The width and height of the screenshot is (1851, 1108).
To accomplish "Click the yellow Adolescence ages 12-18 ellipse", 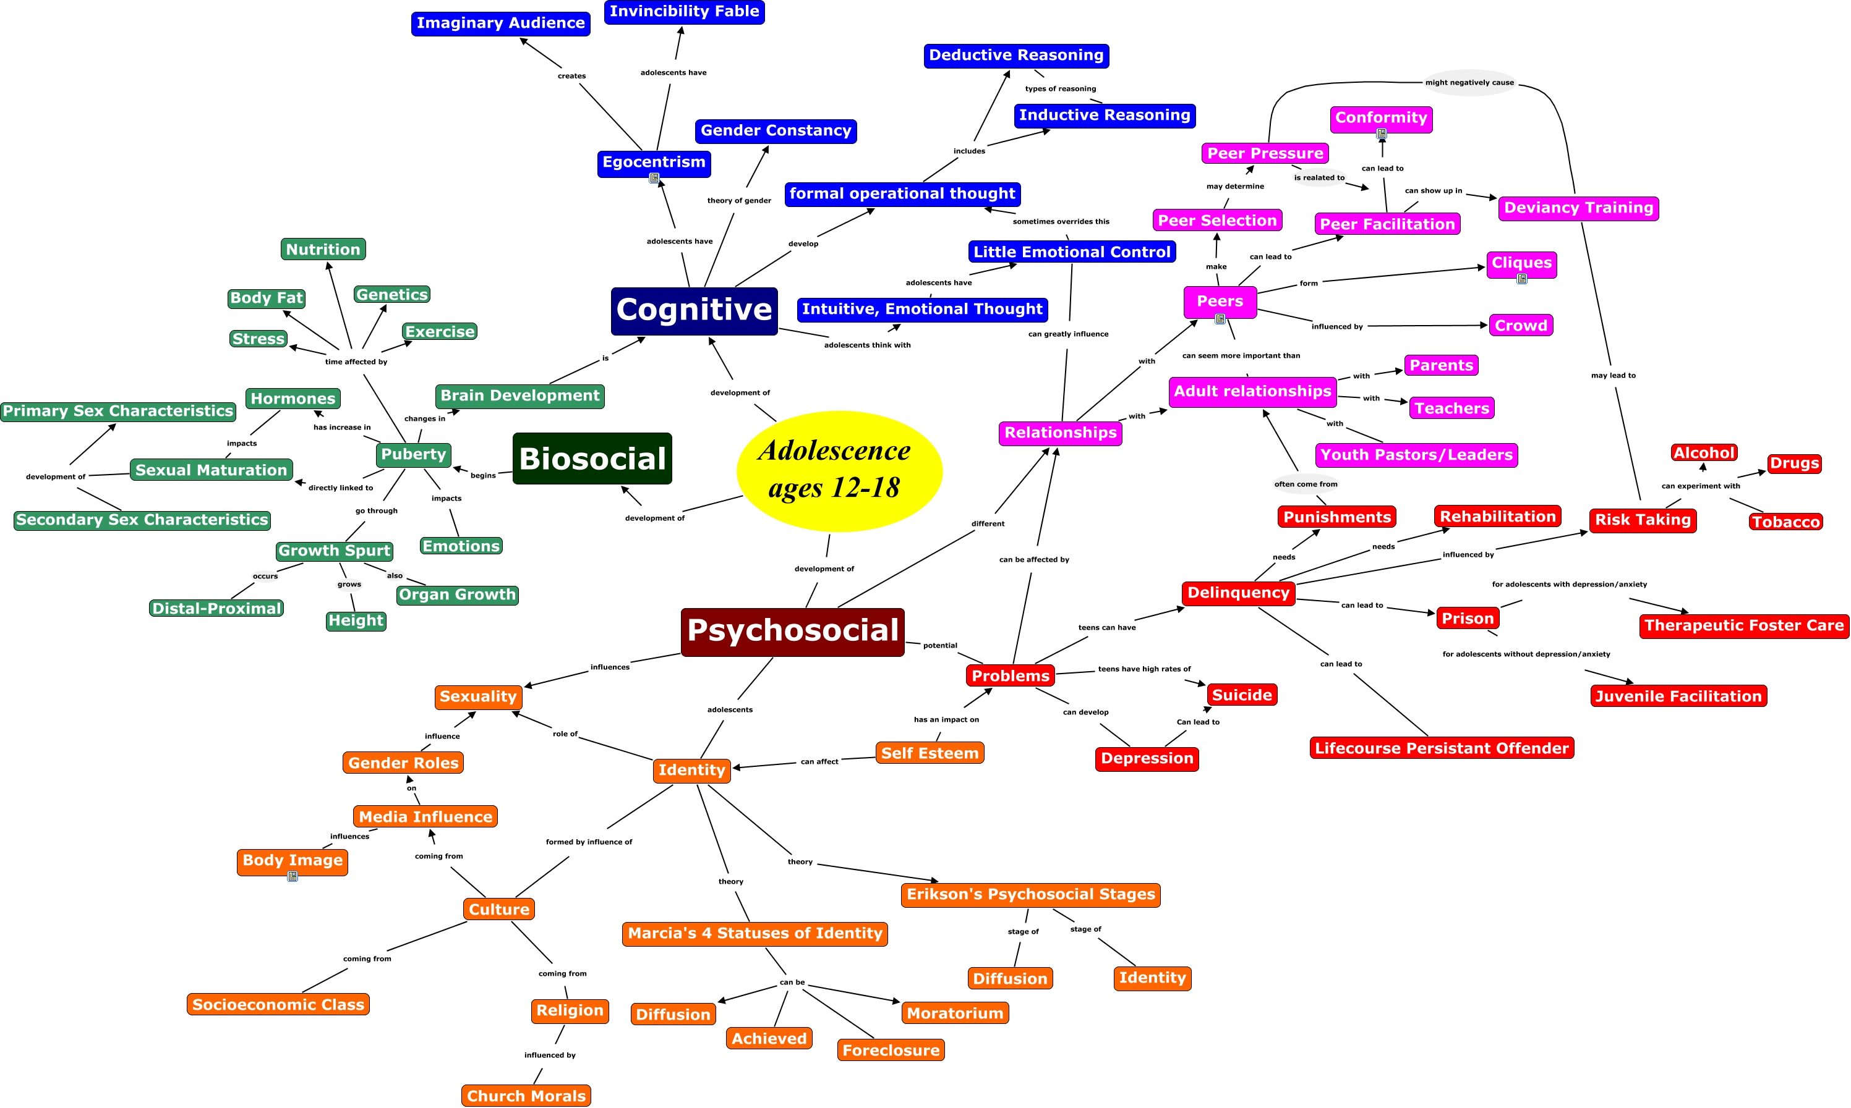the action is pos(839,470).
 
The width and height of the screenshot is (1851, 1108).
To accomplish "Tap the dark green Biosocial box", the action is pos(592,459).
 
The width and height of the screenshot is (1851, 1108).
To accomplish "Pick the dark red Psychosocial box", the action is pos(793,632).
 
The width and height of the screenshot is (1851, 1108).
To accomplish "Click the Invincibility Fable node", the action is pos(684,12).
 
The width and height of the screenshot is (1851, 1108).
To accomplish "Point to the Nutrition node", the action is pos(323,250).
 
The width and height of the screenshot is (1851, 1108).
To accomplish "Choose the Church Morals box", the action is pos(526,1095).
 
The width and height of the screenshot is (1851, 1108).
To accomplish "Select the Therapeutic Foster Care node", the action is pos(1743,625).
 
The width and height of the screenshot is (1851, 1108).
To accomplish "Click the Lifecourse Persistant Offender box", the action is pos(1442,748).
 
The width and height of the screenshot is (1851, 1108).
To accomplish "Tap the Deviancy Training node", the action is pos(1578,208).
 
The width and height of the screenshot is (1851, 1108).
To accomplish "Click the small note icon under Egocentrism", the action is pos(654,179).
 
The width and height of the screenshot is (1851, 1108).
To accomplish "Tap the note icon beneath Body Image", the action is pos(293,876).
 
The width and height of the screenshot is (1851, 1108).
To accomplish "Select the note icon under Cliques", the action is pos(1521,279).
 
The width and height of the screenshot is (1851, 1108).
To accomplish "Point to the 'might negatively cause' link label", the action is pos(1469,83).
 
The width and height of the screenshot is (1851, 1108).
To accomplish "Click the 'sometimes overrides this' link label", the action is pos(1061,222).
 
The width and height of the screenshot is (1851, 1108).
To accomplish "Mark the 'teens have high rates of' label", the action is pos(1144,669).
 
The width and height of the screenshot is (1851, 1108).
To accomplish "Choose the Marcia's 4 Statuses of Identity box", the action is pos(755,933).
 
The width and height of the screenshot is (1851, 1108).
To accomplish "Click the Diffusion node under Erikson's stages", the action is pos(1010,979).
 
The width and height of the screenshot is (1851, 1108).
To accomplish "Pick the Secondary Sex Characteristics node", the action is pos(142,520).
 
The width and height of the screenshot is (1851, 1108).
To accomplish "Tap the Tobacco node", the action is pos(1785,522).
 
